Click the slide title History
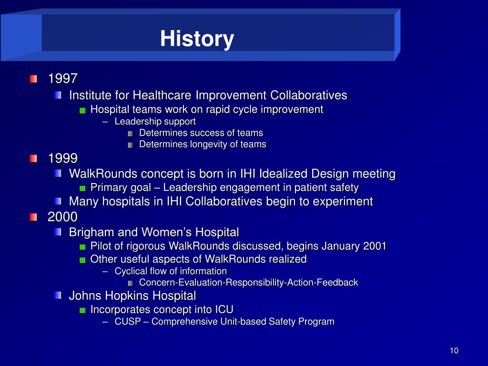[197, 39]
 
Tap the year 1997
[62, 79]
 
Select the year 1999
[62, 158]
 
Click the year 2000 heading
[62, 217]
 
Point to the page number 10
[454, 351]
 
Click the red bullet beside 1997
[33, 79]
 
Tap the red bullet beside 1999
[33, 159]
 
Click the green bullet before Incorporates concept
[82, 310]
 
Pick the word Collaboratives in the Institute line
[308, 95]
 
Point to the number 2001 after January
[375, 246]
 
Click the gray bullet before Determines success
[131, 134]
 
